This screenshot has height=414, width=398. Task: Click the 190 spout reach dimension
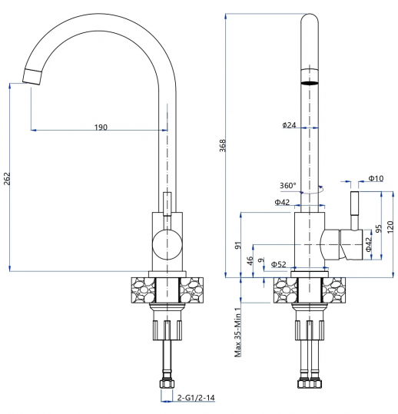tap(100, 127)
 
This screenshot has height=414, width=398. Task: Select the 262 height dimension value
tap(8, 178)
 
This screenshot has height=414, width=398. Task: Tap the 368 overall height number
tap(223, 147)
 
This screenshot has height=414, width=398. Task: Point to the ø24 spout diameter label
tap(290, 124)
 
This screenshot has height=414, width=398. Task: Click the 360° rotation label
tap(288, 185)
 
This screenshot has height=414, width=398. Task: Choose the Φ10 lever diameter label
tap(376, 179)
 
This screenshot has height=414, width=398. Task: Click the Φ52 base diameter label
tap(278, 264)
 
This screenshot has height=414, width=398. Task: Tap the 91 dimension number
tap(239, 246)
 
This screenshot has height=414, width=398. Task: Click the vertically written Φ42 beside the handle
tap(368, 246)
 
